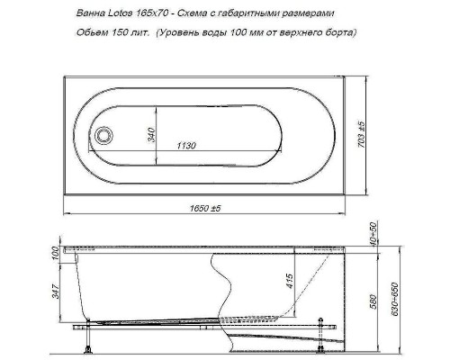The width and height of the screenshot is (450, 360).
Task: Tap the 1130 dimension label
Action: click(x=188, y=146)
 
